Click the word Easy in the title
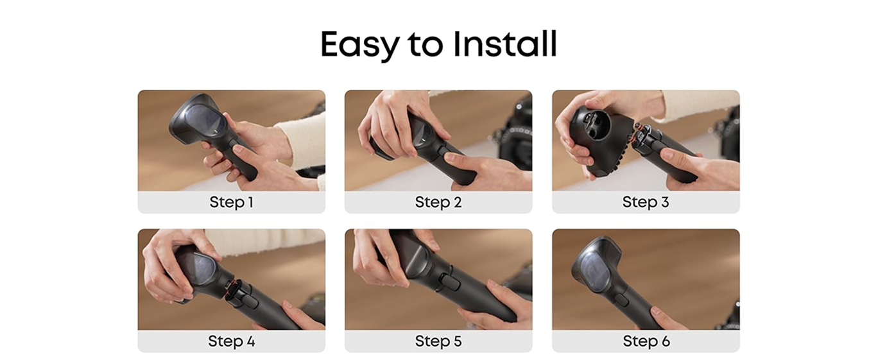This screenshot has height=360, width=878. tap(360, 45)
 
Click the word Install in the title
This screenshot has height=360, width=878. tap(504, 44)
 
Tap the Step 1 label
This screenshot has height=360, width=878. tap(231, 202)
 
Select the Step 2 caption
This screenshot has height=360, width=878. tap(438, 202)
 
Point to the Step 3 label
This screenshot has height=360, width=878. tap(646, 202)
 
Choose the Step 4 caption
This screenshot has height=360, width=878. tap(231, 341)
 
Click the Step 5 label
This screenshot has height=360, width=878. tap(438, 341)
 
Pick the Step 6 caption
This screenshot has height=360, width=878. tap(646, 341)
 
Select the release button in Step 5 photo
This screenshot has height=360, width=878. tap(449, 282)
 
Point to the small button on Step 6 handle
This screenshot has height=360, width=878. tap(622, 300)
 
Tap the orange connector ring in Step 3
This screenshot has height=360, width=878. tap(635, 136)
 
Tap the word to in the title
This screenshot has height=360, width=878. tap(426, 45)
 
